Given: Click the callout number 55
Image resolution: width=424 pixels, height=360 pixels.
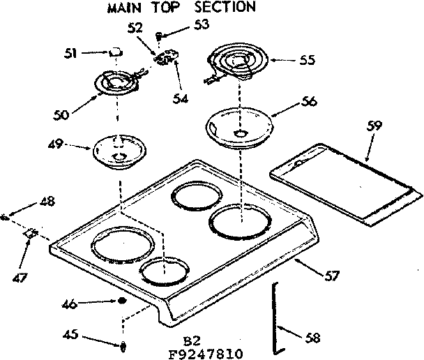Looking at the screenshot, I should pyautogui.click(x=306, y=61).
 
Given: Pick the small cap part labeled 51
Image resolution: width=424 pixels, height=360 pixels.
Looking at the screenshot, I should pyautogui.click(x=116, y=52).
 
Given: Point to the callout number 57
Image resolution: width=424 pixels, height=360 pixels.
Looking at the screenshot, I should pyautogui.click(x=332, y=276).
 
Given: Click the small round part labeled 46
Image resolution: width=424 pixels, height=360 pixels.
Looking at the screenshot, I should pyautogui.click(x=122, y=301).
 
